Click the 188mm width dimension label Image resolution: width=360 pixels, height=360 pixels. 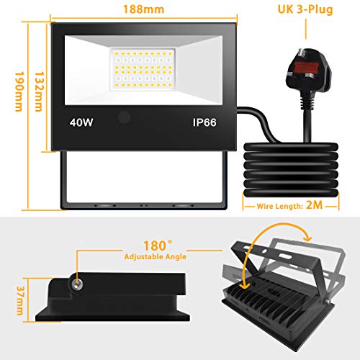pos(144,9)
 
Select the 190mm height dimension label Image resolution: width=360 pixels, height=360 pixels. pos(19,91)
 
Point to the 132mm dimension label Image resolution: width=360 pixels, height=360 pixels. pos(39,91)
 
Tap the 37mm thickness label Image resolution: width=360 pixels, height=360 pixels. pos(19,301)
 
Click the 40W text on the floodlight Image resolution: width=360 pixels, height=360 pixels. pos(81,122)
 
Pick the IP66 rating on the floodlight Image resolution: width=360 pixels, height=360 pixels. pos(204,122)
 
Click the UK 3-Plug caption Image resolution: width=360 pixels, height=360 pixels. pos(305,9)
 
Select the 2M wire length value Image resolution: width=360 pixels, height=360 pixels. pos(315,205)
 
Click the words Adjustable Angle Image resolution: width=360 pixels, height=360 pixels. pos(156,256)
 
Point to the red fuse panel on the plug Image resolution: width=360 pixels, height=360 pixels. pos(306,68)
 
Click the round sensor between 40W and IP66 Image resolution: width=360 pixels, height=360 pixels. pos(124,118)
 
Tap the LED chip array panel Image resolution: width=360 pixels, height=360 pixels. pos(143,70)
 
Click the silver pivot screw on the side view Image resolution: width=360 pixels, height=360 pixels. pos(76,284)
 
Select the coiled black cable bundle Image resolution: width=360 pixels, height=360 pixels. pos(291,170)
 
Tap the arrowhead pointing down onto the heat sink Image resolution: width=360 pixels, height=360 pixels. pos(245,285)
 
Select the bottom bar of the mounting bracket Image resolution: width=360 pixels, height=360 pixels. pos(143,206)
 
